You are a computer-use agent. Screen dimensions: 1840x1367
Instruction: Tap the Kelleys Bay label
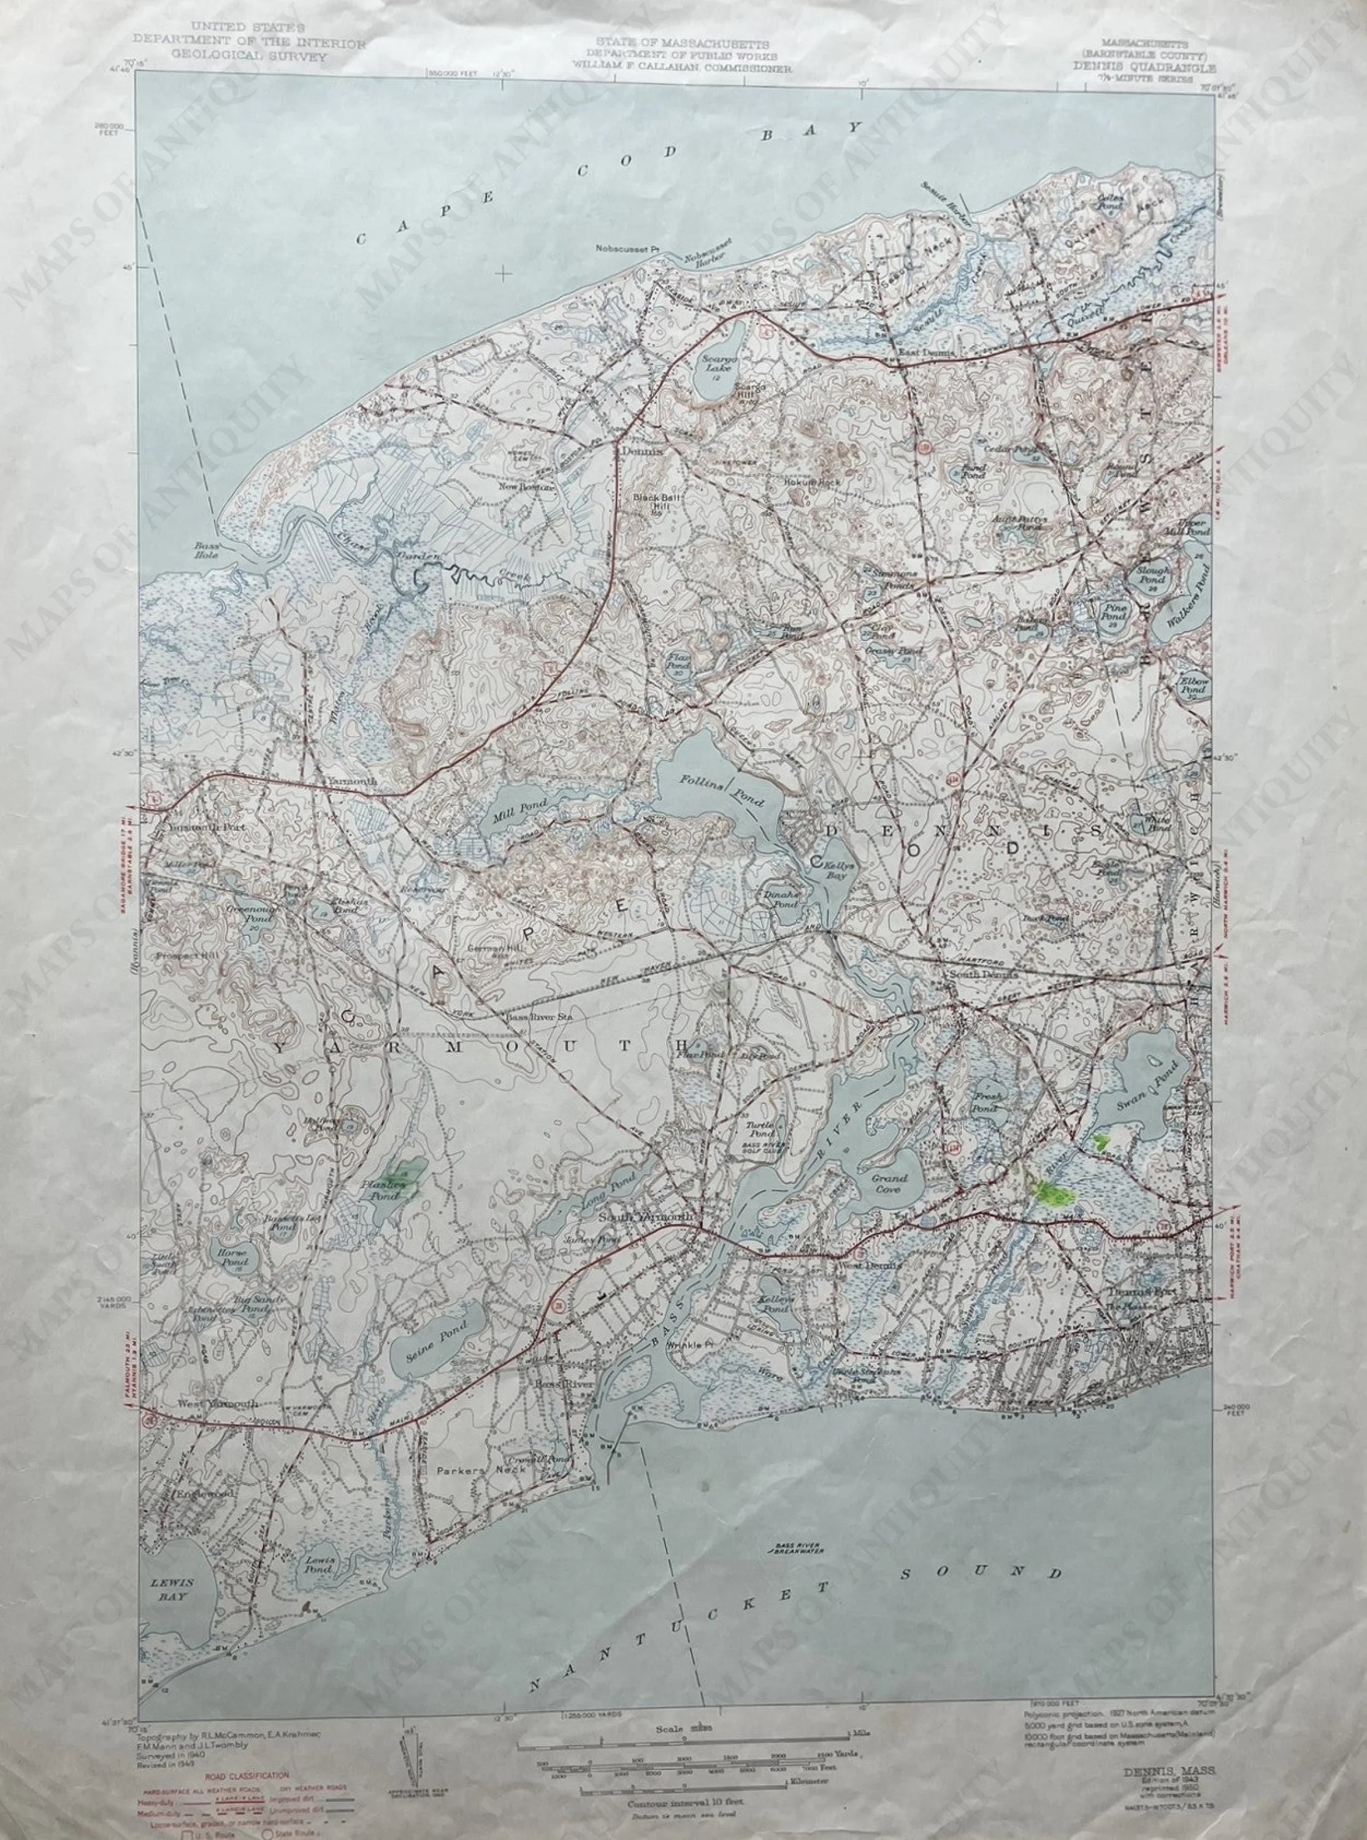(832, 868)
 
